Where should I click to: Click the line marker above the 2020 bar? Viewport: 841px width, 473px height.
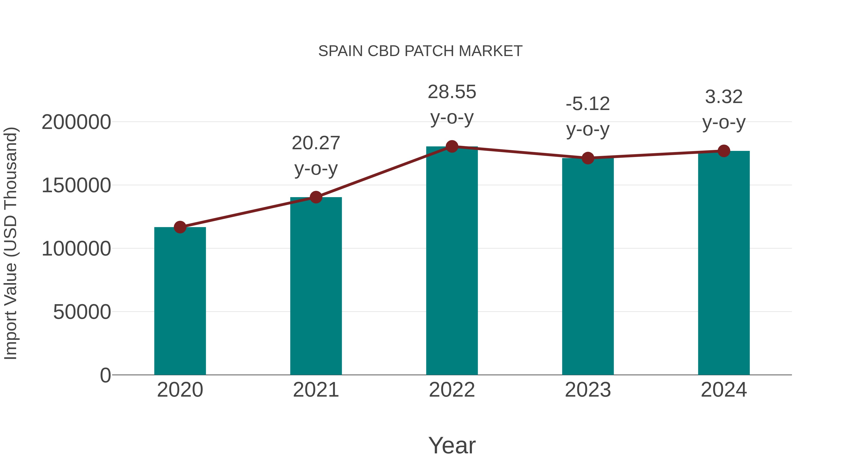click(x=180, y=227)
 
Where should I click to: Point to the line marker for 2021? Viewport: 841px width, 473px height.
click(x=316, y=197)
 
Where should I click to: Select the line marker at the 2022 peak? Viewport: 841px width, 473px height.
click(x=452, y=146)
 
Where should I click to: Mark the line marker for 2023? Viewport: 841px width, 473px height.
click(x=588, y=158)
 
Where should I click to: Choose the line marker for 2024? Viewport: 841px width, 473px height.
click(x=724, y=151)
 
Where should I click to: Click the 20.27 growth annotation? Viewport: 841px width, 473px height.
click(x=316, y=155)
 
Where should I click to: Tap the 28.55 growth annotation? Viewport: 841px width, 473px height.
click(x=452, y=104)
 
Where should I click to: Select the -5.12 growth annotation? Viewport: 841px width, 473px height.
click(x=588, y=117)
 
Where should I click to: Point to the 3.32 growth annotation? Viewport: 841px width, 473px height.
click(x=724, y=109)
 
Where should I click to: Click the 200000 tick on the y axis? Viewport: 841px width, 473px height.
click(x=76, y=122)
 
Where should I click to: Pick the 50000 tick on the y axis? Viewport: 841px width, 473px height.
click(x=82, y=312)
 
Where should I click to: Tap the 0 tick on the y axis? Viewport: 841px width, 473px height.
click(x=105, y=375)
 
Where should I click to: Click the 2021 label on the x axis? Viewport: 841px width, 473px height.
click(x=316, y=390)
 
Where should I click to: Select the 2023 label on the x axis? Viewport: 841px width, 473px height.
click(x=588, y=390)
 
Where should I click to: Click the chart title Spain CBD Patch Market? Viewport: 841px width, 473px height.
click(x=420, y=51)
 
